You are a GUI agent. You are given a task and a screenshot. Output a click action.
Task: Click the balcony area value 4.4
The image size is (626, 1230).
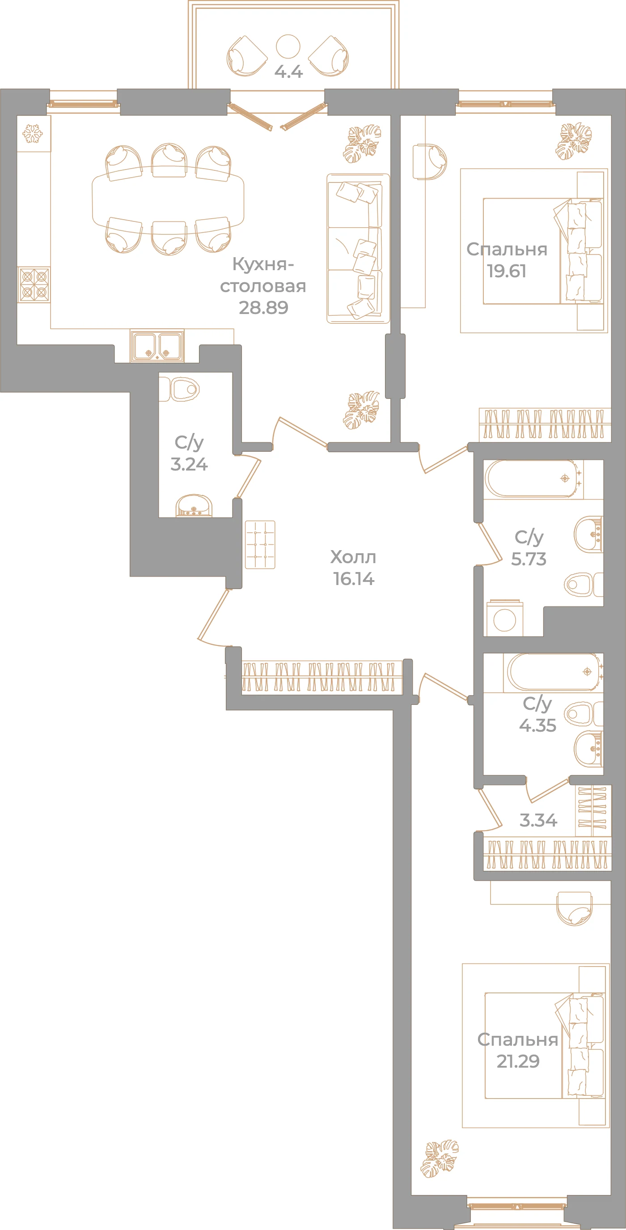click(288, 72)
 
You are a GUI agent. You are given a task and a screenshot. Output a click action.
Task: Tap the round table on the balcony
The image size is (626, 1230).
click(288, 47)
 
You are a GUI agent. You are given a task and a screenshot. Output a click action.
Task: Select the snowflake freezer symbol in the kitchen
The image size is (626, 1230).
click(33, 134)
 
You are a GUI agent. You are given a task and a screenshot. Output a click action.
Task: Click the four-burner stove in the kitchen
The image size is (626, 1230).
click(34, 284)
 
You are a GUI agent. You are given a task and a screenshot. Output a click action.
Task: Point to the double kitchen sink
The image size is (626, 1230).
click(157, 345)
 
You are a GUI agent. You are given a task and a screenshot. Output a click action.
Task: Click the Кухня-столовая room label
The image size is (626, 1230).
click(263, 275)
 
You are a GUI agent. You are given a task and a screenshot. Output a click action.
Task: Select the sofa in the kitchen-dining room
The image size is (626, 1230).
click(358, 248)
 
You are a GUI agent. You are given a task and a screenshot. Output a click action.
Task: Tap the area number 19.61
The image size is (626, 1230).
click(507, 271)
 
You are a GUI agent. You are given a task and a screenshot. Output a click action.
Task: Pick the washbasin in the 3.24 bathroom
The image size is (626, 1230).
click(193, 506)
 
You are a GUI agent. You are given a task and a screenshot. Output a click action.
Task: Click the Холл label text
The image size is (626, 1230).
click(353, 557)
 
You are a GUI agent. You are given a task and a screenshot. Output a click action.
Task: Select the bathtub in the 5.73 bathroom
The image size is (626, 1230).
click(533, 479)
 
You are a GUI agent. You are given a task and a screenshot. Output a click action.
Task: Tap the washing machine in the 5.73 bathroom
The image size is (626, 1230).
click(505, 619)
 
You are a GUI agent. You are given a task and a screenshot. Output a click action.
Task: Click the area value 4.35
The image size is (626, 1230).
click(537, 725)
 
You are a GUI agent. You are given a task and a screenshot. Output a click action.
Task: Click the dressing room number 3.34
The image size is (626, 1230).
click(538, 820)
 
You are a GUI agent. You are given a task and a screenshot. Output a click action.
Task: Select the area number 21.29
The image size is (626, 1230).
click(518, 1061)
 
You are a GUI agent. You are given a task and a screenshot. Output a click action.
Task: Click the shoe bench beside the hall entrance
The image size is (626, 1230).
click(260, 545)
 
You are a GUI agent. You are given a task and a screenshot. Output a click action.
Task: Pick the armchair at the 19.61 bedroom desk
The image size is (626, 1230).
click(430, 162)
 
